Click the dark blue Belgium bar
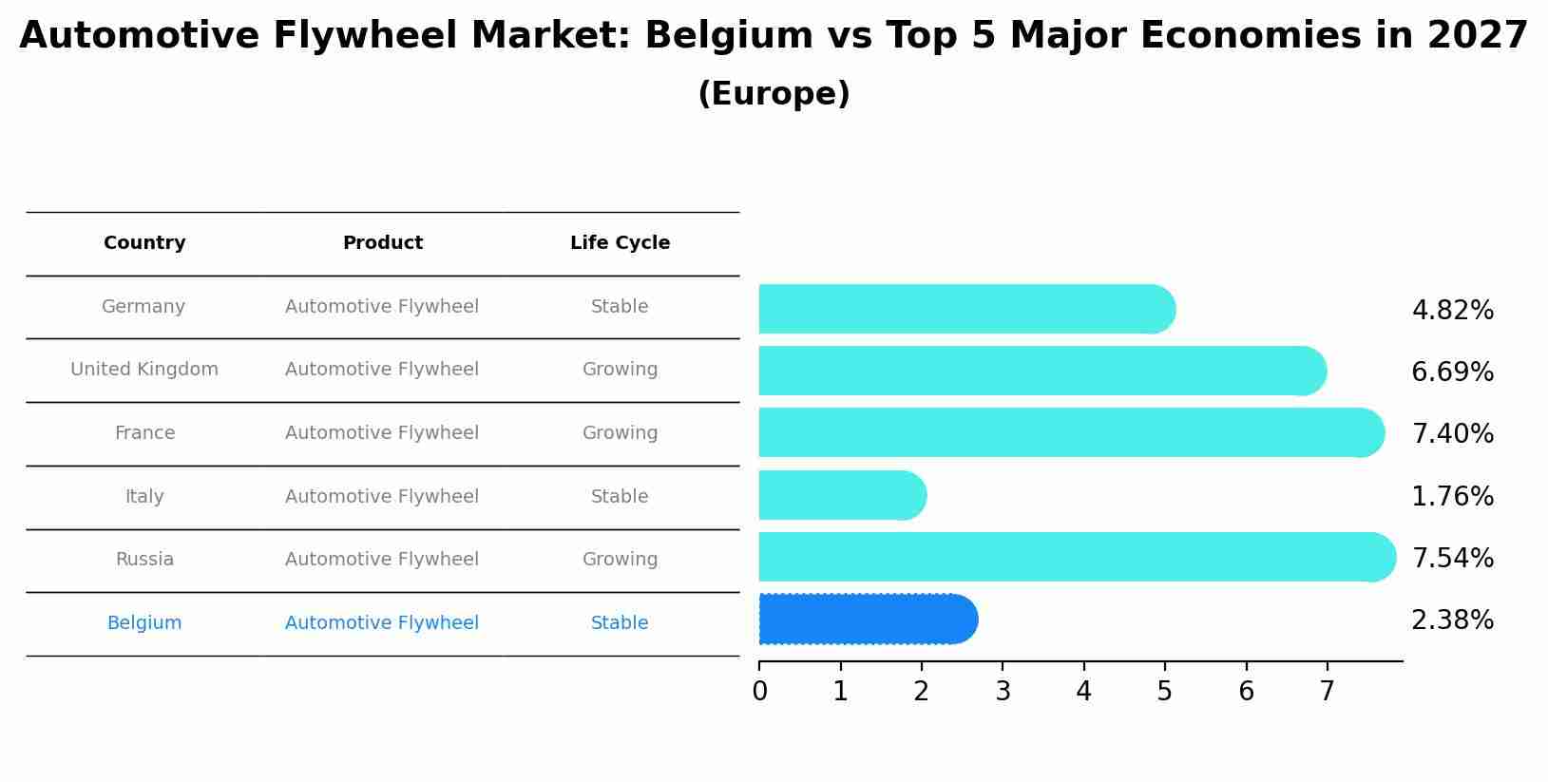tap(867, 620)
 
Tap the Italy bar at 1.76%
tap(841, 495)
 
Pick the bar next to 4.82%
tap(965, 309)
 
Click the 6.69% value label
tap(1452, 372)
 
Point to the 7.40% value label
tap(1452, 434)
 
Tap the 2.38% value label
tap(1452, 620)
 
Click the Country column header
tap(144, 243)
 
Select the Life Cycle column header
tap(620, 243)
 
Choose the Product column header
tap(382, 243)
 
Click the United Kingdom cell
tap(144, 370)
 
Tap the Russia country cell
tap(144, 560)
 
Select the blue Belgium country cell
tap(144, 623)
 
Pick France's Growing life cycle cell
tap(620, 433)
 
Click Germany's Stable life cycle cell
tap(620, 307)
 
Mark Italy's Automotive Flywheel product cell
tap(382, 497)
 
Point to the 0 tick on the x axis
tap(759, 692)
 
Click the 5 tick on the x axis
tap(1165, 692)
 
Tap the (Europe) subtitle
tap(774, 94)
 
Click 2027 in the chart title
tap(1477, 36)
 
